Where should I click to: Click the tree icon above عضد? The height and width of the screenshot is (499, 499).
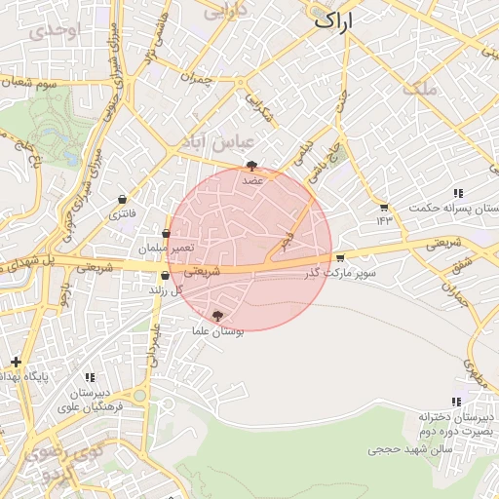[252, 166]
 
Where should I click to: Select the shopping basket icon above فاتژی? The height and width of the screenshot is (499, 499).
[122, 199]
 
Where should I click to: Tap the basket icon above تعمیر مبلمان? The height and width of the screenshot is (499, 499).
[167, 234]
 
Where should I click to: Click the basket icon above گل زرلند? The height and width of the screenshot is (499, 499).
[165, 276]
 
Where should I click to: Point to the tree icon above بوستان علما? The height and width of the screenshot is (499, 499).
[218, 315]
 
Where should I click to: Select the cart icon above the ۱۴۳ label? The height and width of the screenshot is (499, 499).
[384, 207]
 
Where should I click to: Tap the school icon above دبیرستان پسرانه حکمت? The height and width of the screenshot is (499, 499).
[458, 193]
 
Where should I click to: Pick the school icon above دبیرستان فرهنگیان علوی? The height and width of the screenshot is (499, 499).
[91, 377]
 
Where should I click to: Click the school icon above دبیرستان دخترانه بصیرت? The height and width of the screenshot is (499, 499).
[456, 402]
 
